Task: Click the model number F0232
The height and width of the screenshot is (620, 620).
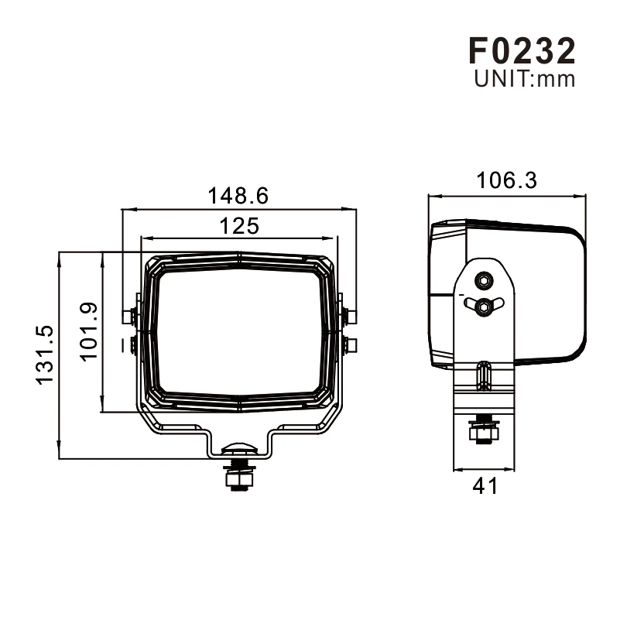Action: [x=522, y=50]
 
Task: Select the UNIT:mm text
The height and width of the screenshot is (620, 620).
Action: [x=524, y=79]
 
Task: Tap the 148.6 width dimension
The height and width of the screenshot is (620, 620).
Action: [x=238, y=196]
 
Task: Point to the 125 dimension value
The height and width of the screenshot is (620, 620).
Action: [x=239, y=226]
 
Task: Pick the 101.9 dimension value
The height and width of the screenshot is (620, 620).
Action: [x=88, y=331]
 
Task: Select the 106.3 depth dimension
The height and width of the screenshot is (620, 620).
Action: [x=506, y=180]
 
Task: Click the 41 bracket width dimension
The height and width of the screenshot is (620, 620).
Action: [x=485, y=485]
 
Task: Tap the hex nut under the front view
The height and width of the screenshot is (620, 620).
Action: [x=239, y=480]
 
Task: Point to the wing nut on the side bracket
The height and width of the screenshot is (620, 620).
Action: [x=484, y=306]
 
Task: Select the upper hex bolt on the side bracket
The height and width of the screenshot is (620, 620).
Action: [x=484, y=280]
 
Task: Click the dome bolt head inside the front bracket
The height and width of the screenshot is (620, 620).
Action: [x=239, y=447]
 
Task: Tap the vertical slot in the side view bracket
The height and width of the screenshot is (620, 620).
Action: [x=484, y=375]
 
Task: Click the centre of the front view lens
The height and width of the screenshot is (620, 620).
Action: [x=239, y=333]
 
